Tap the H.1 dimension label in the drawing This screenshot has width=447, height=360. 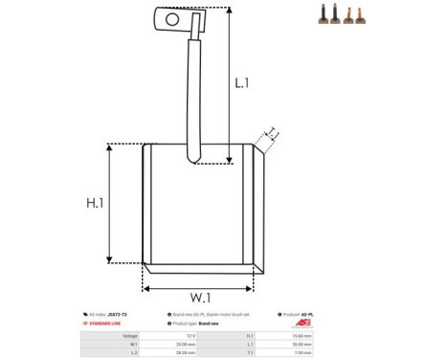pos(94,204)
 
